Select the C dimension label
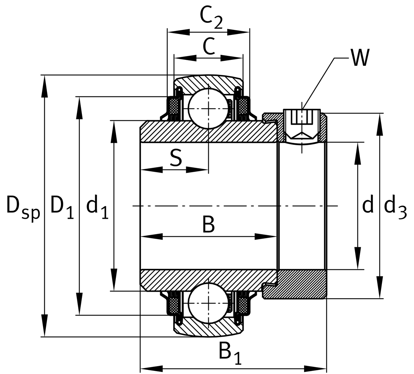coord(209,46)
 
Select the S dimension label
coord(176,158)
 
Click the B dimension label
coord(208,225)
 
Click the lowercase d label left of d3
coord(368,206)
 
